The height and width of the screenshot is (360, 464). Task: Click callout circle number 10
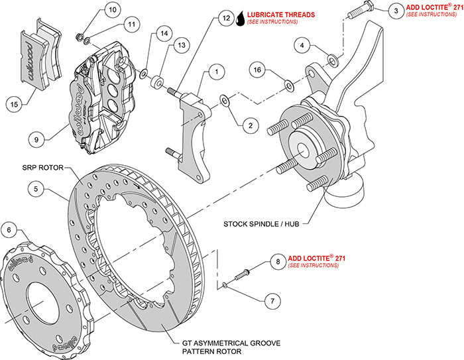111,10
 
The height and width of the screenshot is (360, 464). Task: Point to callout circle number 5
39,189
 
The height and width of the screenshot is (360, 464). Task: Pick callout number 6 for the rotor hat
9,230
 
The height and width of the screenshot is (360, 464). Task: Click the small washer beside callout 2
225,101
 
